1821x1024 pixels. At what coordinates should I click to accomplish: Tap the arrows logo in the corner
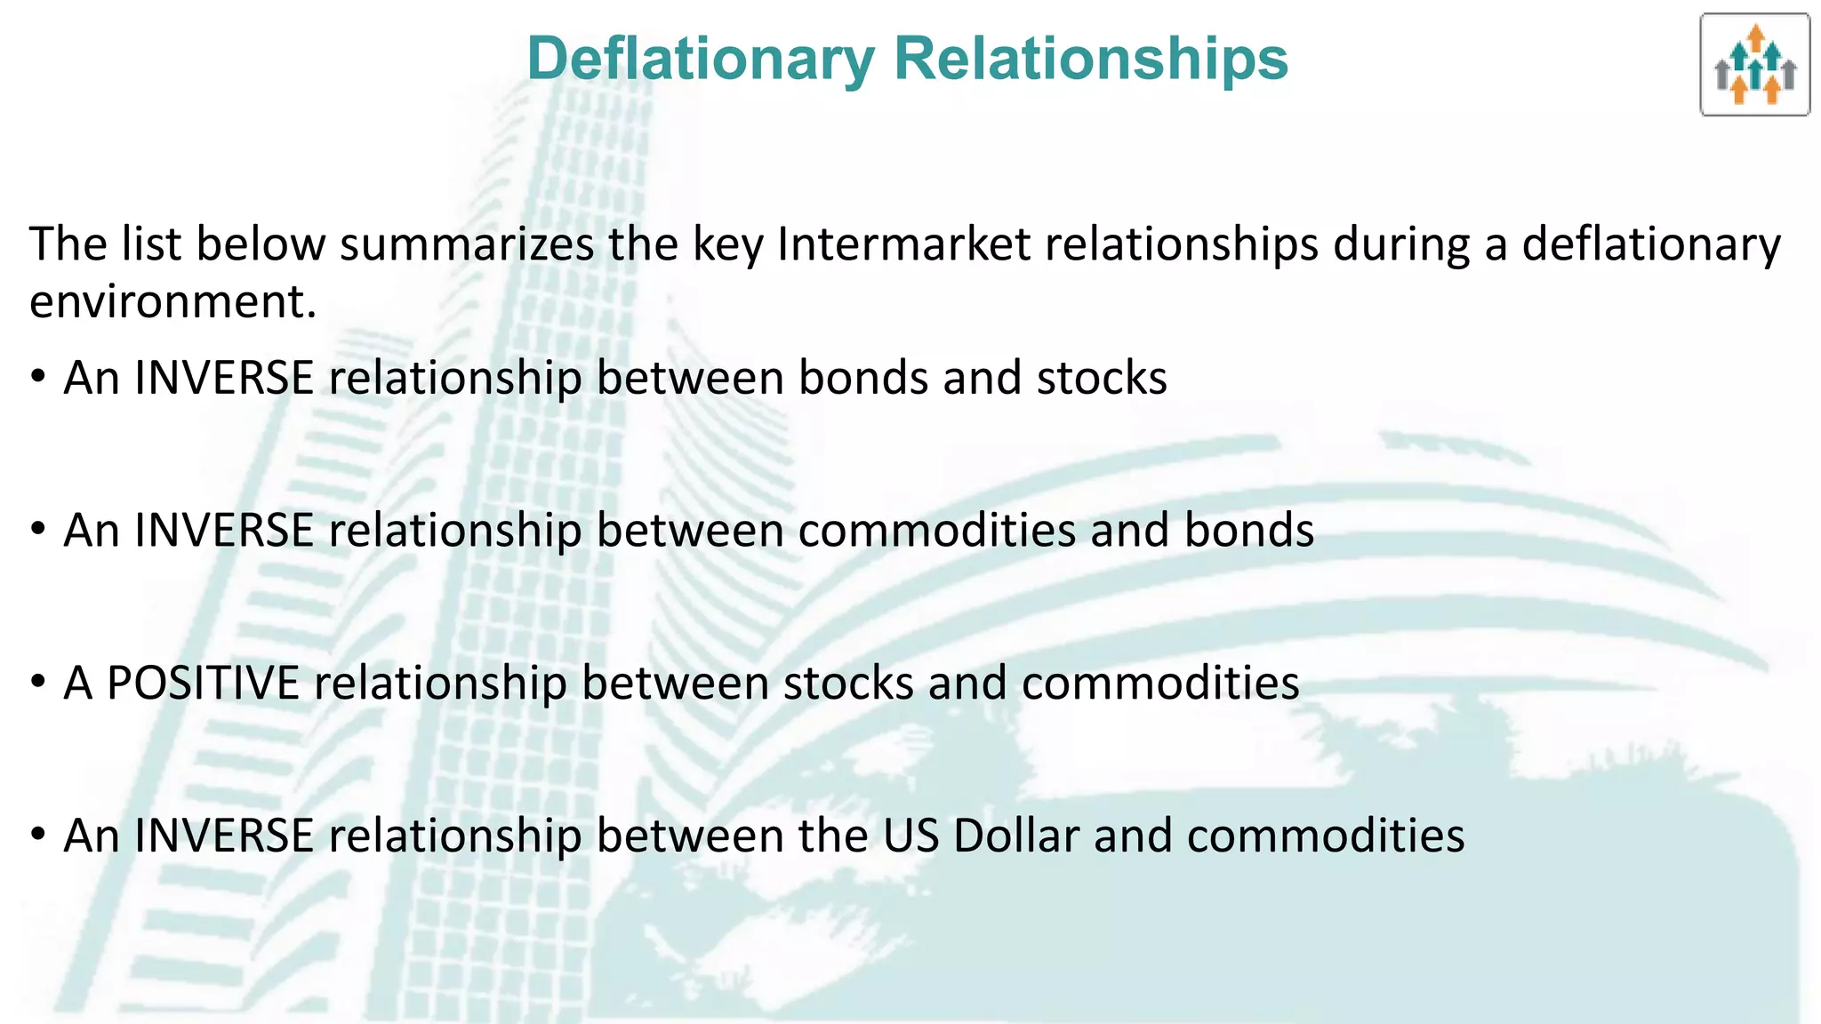point(1754,65)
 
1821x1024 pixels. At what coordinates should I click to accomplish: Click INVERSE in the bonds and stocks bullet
point(224,378)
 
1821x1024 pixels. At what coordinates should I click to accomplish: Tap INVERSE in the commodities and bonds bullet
point(224,531)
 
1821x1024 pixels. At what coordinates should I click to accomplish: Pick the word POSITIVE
point(203,684)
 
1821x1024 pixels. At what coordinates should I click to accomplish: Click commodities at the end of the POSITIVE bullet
point(1160,684)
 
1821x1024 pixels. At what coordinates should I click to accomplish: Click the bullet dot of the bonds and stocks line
point(37,377)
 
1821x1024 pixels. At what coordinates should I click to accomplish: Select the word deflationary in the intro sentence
point(1651,244)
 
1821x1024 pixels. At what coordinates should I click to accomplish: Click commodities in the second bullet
point(937,531)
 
